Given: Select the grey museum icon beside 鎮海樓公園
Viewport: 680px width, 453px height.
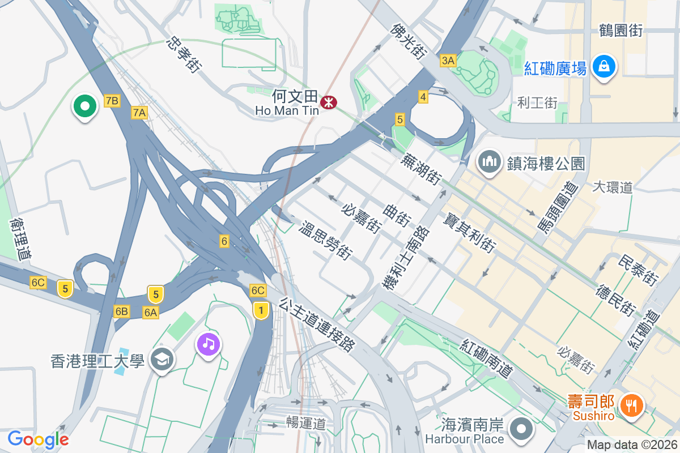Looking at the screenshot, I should (x=488, y=163).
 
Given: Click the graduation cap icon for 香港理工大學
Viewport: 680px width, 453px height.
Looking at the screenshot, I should (x=163, y=360).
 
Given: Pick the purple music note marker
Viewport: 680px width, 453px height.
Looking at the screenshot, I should (x=209, y=344).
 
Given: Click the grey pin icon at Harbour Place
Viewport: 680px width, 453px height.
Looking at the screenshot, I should (x=520, y=430).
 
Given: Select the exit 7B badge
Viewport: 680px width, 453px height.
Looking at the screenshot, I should (x=112, y=101).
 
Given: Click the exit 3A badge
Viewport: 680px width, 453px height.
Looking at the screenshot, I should (x=448, y=60).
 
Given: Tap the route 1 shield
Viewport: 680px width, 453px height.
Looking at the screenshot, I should (x=261, y=310).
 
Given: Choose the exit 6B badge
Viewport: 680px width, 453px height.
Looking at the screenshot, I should (x=122, y=311).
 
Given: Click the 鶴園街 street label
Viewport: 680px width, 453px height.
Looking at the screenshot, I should (x=620, y=31).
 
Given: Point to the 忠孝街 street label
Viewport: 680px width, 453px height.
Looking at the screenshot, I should (x=185, y=55).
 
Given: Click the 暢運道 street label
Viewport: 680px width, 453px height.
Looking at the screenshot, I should (x=305, y=422).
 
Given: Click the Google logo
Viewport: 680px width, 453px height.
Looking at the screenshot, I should (x=38, y=439).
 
